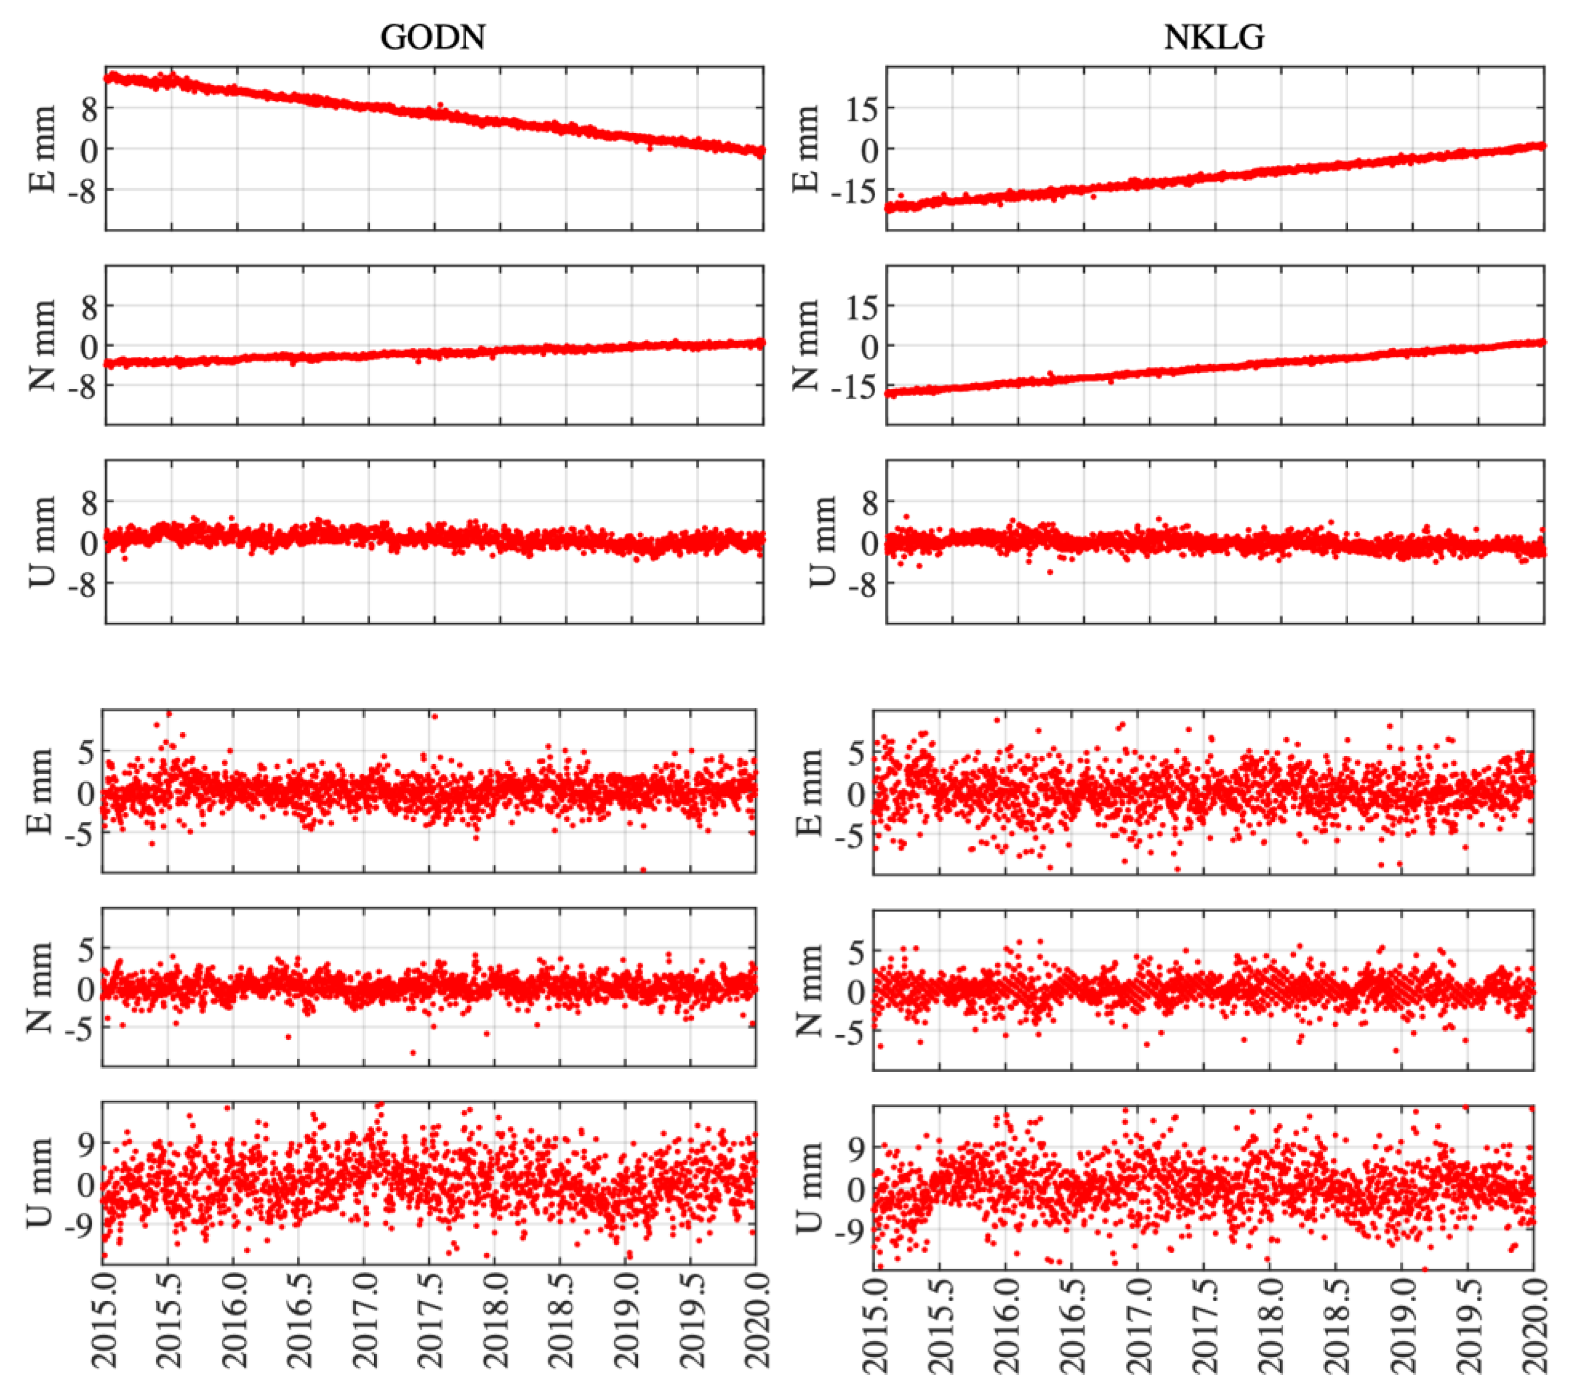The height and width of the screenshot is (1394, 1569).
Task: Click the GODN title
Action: (x=433, y=37)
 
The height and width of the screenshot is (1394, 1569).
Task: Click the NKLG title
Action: (x=1214, y=37)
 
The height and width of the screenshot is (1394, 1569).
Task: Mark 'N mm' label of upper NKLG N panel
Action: (x=806, y=346)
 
